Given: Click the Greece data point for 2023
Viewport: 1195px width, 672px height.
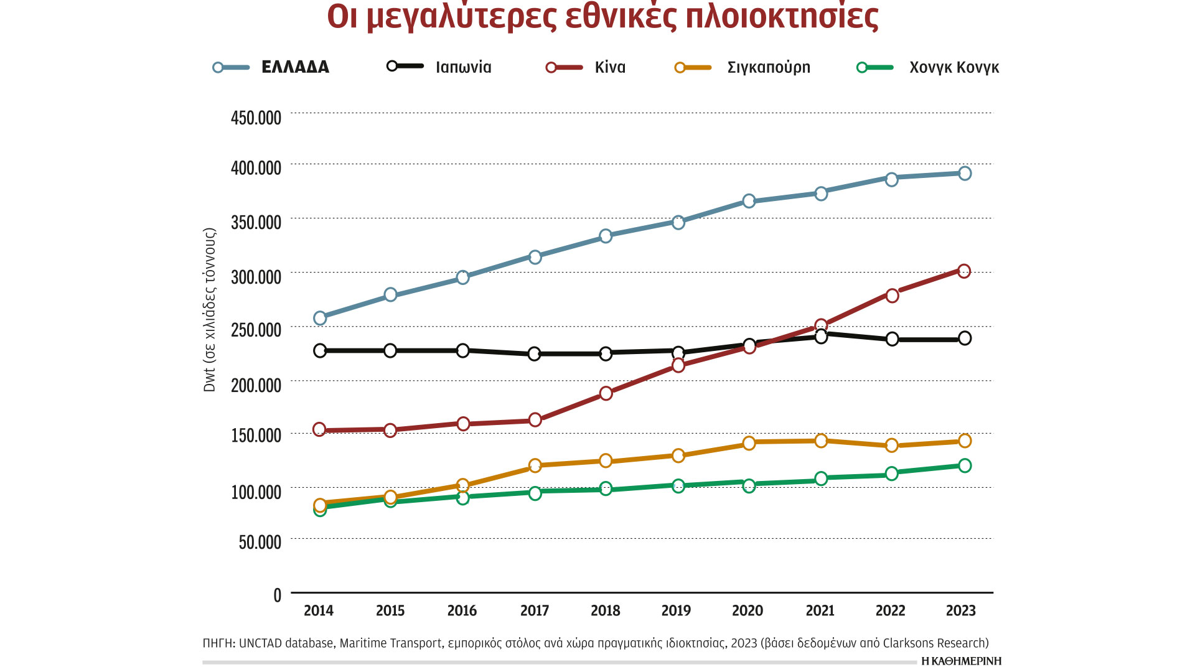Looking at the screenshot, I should [x=965, y=174].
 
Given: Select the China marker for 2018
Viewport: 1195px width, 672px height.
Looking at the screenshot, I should [x=606, y=393].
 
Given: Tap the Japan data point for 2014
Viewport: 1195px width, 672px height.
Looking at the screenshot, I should [x=320, y=351].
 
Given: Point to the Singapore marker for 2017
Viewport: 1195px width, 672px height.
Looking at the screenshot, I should [x=535, y=465].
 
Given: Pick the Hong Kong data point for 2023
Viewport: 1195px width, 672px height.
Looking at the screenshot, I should [x=965, y=465].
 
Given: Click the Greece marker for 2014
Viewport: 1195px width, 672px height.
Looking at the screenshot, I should [x=320, y=318].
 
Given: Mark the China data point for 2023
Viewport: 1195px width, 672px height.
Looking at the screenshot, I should [x=964, y=271].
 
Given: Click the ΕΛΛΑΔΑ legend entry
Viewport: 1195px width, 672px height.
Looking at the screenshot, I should [x=295, y=67].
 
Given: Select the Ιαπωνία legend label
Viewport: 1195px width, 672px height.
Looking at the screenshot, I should [x=463, y=67].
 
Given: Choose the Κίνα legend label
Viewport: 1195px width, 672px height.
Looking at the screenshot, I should [x=610, y=67].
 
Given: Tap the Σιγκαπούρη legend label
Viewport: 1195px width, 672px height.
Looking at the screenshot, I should [x=769, y=67].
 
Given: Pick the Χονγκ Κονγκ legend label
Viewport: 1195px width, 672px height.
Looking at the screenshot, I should [x=954, y=67].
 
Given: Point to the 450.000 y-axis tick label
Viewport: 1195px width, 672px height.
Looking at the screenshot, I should [x=256, y=118].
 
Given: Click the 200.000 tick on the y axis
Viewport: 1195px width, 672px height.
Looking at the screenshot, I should [x=256, y=385].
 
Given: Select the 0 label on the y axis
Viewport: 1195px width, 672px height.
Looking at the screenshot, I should [x=278, y=595].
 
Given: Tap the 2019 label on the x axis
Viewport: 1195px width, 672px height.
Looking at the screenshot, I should [x=676, y=610].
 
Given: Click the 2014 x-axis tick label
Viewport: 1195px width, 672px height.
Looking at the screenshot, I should [x=319, y=610].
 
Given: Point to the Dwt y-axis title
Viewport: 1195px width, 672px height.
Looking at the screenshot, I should [x=209, y=310].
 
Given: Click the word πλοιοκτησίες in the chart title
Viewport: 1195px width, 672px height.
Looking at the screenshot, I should [x=782, y=17].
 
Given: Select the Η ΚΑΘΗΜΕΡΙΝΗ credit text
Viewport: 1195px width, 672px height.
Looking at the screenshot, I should [x=961, y=661].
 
